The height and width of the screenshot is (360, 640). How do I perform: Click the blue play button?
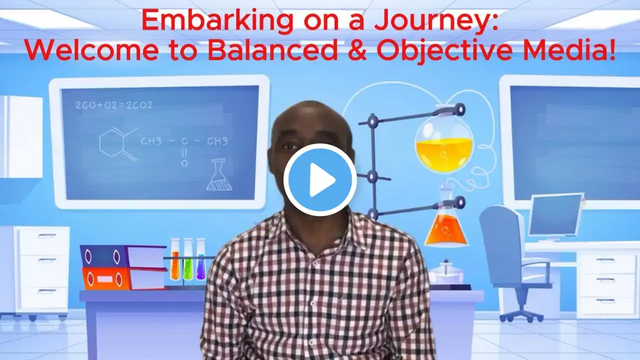(x=320, y=179)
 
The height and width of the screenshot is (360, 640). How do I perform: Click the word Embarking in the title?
(x=217, y=21)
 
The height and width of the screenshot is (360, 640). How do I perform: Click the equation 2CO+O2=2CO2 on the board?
(x=114, y=105)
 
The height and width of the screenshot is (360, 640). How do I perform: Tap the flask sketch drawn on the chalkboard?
(x=219, y=174)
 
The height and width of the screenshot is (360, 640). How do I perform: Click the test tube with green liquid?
(x=187, y=259)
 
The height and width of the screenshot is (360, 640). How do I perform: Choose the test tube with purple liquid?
(x=200, y=259)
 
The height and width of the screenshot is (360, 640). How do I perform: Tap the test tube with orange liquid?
(x=175, y=259)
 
